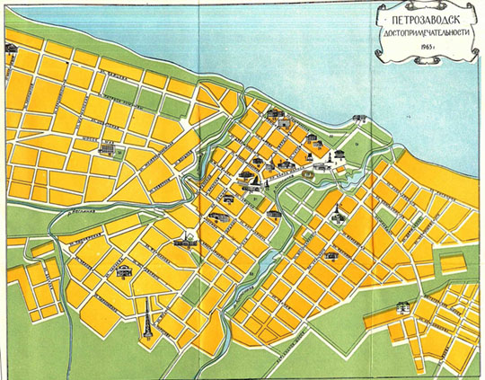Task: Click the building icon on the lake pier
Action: coord(359,118)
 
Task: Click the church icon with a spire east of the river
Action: coord(339,216)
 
